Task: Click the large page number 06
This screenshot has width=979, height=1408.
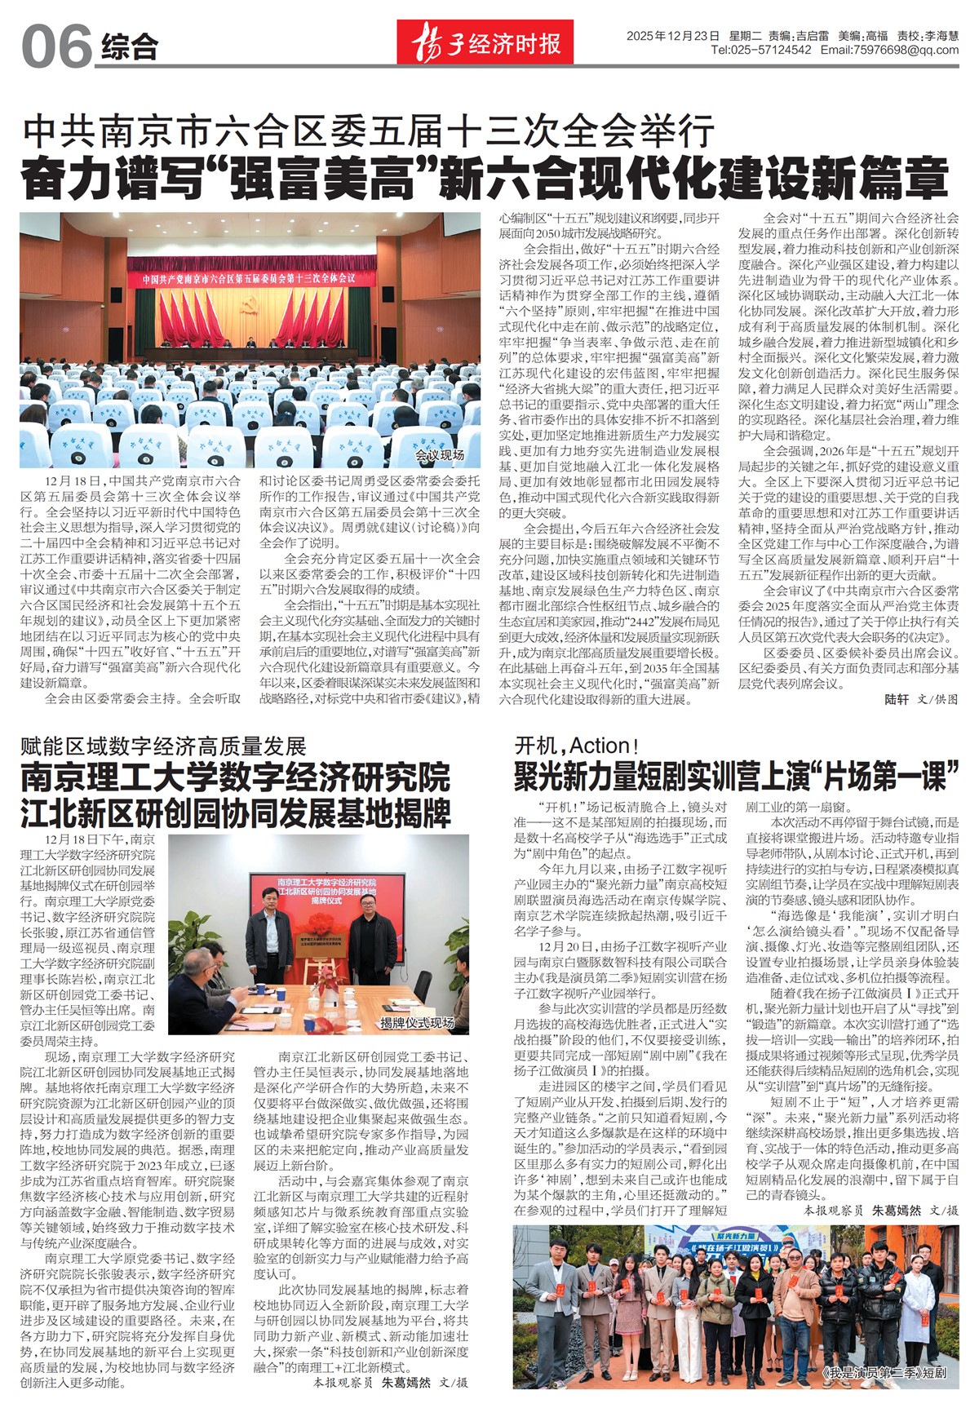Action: [55, 46]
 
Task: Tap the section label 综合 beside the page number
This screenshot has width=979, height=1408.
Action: [130, 47]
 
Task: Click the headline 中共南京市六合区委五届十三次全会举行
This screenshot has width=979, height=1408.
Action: [369, 131]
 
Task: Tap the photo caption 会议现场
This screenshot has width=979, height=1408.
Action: [440, 455]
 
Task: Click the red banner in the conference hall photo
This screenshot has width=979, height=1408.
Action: [250, 278]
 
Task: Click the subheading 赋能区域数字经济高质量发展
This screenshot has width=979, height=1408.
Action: [163, 746]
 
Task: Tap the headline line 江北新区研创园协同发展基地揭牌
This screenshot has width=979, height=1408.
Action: [236, 813]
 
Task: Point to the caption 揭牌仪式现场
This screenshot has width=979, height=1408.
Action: [418, 1023]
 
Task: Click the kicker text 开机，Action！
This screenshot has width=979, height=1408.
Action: [576, 746]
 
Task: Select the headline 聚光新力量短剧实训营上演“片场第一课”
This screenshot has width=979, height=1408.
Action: [736, 777]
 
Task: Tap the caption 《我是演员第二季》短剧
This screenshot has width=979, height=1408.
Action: [884, 1373]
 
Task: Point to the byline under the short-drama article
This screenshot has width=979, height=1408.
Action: [880, 1211]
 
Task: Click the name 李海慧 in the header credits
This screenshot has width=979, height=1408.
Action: [941, 36]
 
